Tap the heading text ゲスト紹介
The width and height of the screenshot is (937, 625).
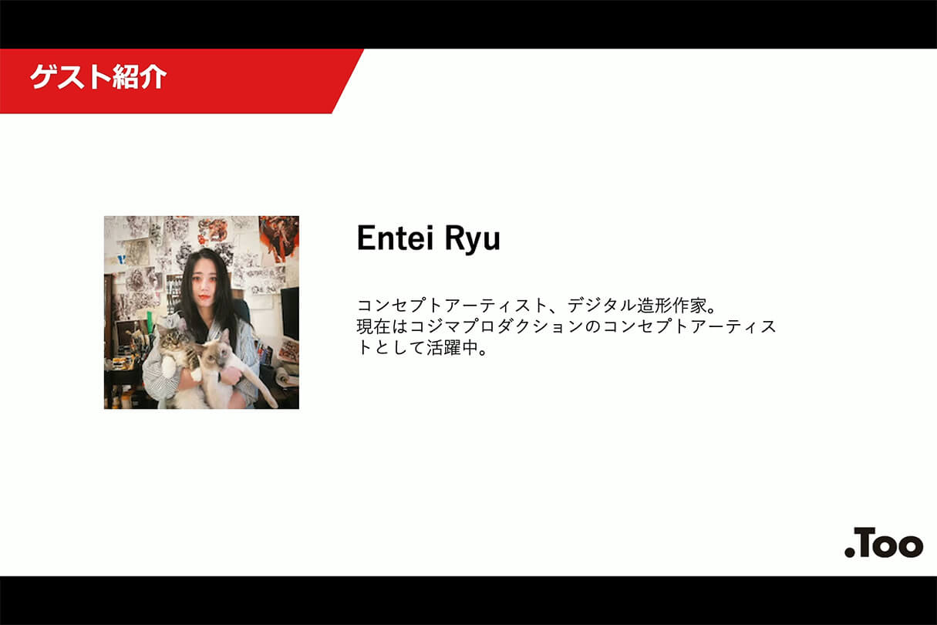(98, 77)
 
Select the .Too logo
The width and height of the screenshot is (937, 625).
(883, 542)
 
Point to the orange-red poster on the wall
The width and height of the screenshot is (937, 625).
(278, 236)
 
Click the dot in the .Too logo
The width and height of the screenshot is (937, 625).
(849, 552)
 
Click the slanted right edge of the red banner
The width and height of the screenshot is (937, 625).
(348, 81)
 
